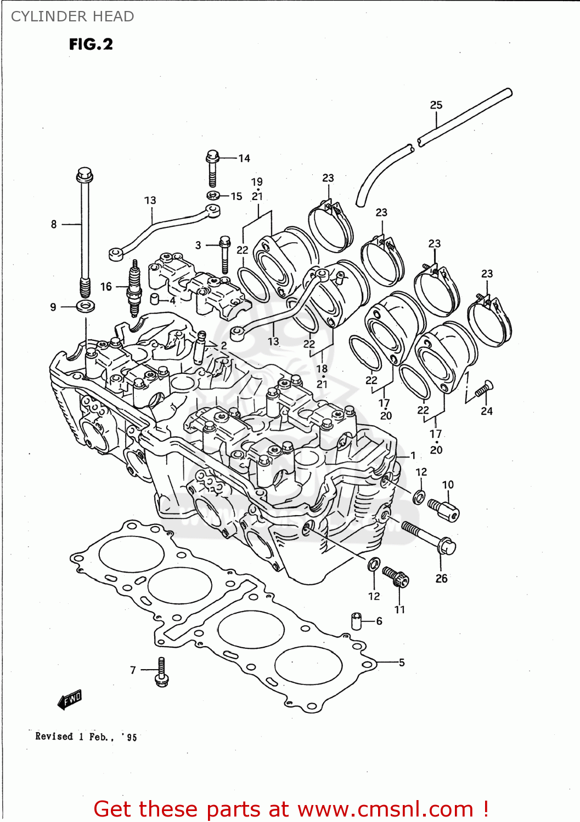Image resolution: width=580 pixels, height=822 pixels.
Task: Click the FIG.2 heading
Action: (91, 44)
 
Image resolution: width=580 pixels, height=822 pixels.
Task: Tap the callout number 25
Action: (436, 105)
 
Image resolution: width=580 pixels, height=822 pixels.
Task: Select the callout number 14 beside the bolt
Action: (244, 158)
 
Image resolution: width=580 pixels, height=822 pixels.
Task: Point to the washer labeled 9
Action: (85, 306)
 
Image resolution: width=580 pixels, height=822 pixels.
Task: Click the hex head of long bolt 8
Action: (84, 175)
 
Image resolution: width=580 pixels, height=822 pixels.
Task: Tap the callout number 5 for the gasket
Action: (402, 663)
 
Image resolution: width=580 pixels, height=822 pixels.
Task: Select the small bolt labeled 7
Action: (161, 673)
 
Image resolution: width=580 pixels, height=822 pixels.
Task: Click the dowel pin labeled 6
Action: (357, 621)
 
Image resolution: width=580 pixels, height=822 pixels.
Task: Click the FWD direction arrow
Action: (70, 700)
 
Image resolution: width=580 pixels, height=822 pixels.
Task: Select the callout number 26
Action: (442, 578)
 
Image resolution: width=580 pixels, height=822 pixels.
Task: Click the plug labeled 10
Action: (445, 510)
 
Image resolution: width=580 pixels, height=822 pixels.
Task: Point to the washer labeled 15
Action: (213, 195)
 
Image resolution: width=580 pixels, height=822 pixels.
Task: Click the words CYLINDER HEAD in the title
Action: (72, 16)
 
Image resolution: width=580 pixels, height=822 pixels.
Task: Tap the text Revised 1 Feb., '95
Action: (86, 737)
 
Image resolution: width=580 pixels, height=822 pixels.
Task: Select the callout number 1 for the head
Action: (413, 455)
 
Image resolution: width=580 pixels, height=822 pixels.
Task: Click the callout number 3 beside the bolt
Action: (198, 245)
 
